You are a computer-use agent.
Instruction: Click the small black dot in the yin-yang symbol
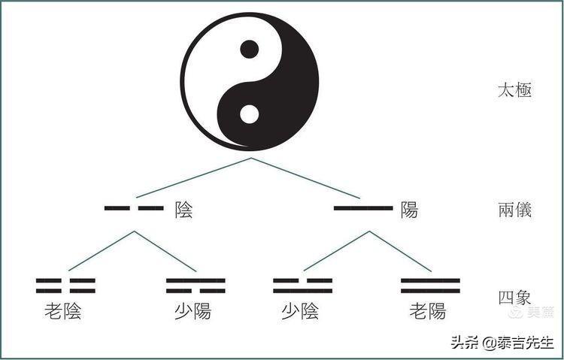pos(249,50)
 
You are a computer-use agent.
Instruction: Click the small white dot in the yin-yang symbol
pos(249,114)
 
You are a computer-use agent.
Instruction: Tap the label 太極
pos(514,91)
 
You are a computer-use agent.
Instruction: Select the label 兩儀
pos(514,210)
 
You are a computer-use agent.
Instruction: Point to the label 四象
pos(514,298)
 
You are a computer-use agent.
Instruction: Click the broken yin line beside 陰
pos(134,208)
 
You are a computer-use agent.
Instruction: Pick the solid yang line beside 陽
pos(363,208)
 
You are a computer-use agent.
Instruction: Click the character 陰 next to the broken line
pos(183,210)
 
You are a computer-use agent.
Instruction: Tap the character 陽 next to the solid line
pos(409,210)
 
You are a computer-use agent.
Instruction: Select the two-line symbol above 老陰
pos(65,286)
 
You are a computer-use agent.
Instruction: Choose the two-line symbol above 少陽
pos(196,286)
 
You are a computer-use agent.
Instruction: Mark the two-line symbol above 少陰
pos(302,286)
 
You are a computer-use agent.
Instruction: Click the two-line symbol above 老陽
pos(431,286)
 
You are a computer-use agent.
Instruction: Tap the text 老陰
pos(63,311)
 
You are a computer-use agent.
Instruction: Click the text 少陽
pos(193,311)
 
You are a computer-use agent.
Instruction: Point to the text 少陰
pos(300,311)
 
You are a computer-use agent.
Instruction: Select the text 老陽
pos(428,311)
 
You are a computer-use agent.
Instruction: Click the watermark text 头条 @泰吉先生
pos(502,343)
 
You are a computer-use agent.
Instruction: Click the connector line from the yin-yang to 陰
pos(193,177)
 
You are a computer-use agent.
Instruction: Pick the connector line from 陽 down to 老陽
pos(400,251)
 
